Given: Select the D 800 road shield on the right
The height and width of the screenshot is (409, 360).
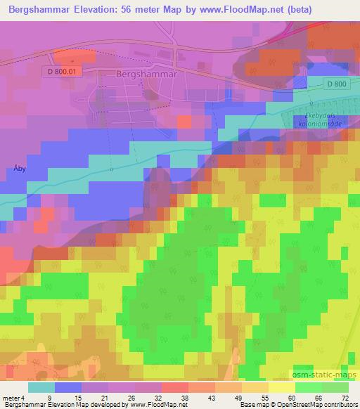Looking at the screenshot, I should point(337,84).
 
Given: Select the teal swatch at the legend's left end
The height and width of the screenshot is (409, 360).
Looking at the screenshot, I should point(41,387).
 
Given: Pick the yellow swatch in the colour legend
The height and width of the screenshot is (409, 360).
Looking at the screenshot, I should point(281,387).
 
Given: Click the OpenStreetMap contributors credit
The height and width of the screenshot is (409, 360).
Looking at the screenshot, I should point(317,405).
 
